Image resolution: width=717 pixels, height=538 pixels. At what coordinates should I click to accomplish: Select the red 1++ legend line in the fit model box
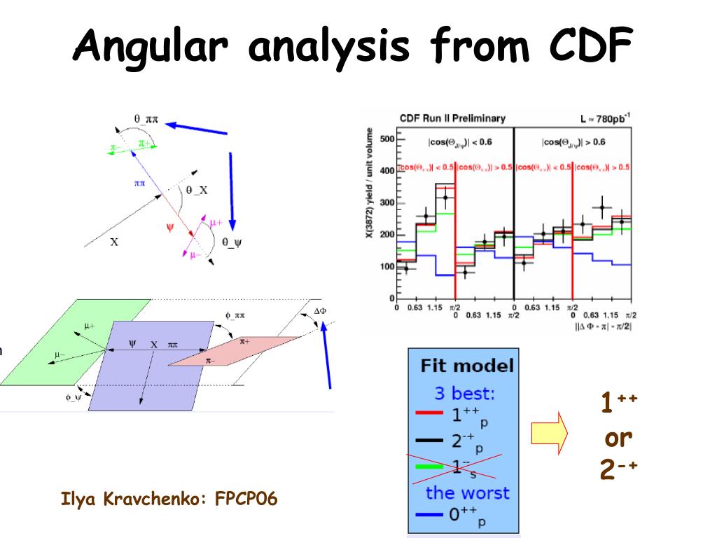[429, 413]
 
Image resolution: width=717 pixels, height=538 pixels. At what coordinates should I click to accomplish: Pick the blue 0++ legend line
[429, 516]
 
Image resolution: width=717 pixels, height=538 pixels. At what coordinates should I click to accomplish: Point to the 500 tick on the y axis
[387, 139]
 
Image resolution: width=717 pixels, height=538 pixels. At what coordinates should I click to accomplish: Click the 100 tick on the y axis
[387, 267]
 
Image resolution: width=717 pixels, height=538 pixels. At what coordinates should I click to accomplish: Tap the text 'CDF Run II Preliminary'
[452, 118]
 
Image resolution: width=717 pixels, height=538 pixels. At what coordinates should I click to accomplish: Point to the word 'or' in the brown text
[618, 437]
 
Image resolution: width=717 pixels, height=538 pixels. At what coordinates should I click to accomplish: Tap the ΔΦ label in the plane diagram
[320, 310]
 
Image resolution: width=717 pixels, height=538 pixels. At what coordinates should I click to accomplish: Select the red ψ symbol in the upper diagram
[170, 226]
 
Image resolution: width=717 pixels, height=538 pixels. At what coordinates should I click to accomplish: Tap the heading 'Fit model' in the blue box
[466, 365]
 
